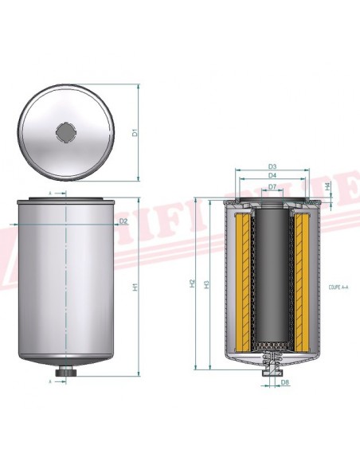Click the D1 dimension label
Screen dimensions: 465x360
(x=135, y=132)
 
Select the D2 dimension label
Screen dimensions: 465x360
(x=123, y=221)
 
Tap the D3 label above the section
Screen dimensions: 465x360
(x=272, y=166)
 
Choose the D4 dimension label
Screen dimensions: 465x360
(x=272, y=175)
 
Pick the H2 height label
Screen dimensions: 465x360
(x=194, y=283)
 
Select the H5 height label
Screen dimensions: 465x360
(x=207, y=283)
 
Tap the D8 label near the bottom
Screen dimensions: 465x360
(x=285, y=381)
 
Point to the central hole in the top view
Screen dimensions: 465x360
(x=65, y=131)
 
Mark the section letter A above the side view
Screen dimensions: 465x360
(x=50, y=193)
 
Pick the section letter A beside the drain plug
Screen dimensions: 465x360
(x=50, y=382)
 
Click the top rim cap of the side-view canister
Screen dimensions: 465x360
(x=65, y=200)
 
